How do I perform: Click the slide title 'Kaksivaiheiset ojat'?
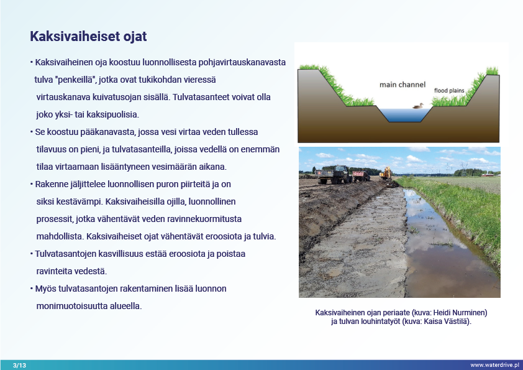(88, 37)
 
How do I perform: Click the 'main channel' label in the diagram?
(403, 84)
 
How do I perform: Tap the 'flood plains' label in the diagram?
(448, 90)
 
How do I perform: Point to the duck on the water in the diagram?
(418, 106)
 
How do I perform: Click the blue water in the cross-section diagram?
(398, 114)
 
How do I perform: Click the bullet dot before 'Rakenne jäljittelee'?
(31, 185)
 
